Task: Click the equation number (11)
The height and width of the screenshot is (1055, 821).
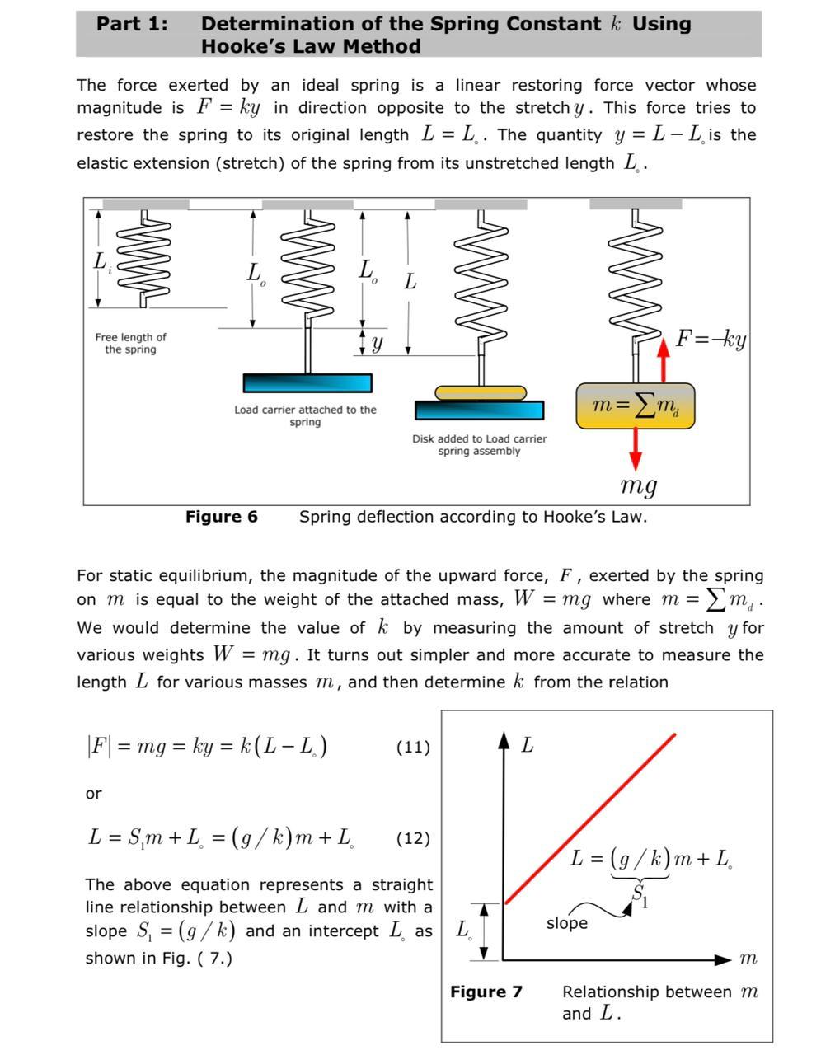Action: coord(413,748)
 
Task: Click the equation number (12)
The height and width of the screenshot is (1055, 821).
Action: coord(413,839)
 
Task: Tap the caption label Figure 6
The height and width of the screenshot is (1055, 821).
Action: coord(221,517)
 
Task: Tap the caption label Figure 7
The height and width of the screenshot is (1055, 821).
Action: coord(486,992)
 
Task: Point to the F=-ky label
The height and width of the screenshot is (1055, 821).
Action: coord(711,339)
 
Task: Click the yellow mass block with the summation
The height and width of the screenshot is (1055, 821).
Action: coord(635,406)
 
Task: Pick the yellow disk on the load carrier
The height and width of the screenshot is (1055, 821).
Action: coord(481,392)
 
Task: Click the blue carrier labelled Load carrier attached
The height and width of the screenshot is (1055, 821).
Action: coord(307,383)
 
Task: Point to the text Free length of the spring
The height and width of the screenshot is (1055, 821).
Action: coord(130,343)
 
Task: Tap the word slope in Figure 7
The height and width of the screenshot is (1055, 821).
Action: coord(566,923)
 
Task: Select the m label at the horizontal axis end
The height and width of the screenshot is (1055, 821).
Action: coord(748,959)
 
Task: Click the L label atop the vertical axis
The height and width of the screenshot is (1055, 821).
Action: coord(528,745)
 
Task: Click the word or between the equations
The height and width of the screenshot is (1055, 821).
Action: coord(94,794)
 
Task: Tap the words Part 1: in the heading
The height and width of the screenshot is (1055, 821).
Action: coord(132,24)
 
